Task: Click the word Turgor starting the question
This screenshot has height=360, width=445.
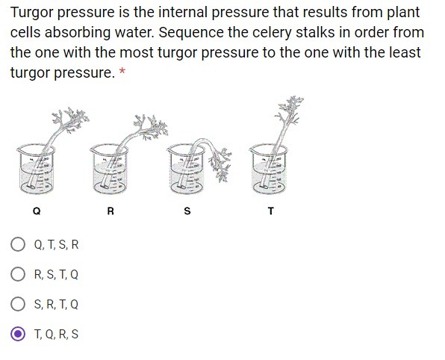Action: point(32,13)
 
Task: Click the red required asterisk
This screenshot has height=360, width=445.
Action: point(122,71)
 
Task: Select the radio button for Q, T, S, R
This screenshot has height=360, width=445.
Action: point(18,244)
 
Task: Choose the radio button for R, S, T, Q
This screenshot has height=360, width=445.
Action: point(18,274)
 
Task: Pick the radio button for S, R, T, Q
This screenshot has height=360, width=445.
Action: point(18,304)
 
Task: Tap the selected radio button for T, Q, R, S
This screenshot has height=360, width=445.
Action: point(18,334)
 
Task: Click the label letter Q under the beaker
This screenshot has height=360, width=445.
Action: point(37,211)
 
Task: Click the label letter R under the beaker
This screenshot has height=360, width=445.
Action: point(111,211)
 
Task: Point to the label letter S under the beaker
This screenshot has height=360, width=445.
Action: point(187,211)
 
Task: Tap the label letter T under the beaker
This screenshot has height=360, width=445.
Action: point(271,211)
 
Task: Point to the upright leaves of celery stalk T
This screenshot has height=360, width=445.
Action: point(290,109)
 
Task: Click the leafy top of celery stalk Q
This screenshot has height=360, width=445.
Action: point(71,120)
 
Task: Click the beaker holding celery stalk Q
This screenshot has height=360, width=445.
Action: point(36,170)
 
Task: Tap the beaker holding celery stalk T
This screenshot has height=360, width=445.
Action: point(269,170)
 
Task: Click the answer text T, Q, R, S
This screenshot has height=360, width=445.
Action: point(56,334)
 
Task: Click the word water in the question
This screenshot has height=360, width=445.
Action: point(134,32)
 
